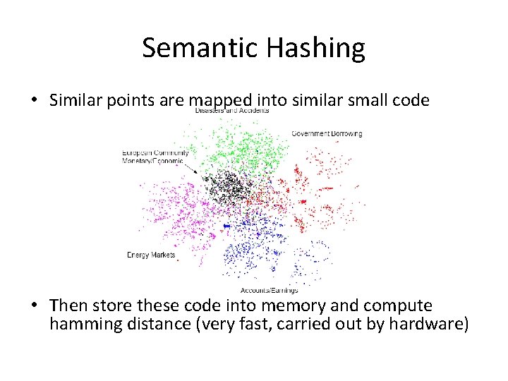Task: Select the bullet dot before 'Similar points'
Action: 34,101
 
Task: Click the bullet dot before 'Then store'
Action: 34,306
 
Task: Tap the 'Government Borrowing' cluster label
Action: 327,133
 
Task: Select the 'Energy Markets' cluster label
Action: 151,255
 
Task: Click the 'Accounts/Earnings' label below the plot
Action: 269,290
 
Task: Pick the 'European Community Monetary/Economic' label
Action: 155,157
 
